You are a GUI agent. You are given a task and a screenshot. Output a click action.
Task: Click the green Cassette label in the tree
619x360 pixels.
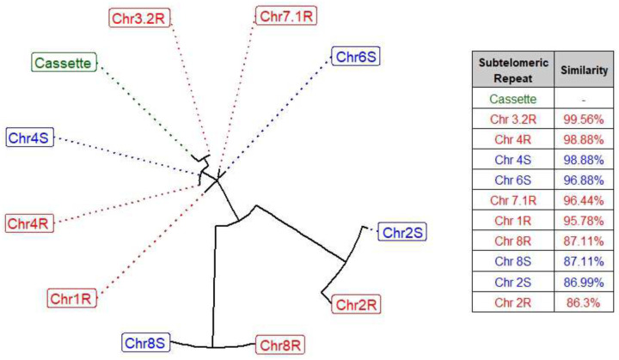(x=64, y=63)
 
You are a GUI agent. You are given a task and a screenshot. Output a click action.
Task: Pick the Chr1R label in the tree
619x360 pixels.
(x=72, y=299)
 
